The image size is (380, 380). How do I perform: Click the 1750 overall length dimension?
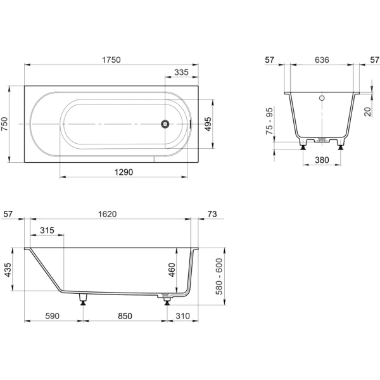111,60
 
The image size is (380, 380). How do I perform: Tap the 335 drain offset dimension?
181,72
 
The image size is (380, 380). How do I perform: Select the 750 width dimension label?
4,124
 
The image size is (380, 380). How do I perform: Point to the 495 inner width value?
208,124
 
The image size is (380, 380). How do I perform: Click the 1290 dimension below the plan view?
123,172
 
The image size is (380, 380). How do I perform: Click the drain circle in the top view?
165,124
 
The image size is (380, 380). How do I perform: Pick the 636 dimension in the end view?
322,60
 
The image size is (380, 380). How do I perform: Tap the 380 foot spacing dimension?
322,160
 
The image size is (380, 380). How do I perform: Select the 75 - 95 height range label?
269,121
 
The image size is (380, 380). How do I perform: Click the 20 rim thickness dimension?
367,111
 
